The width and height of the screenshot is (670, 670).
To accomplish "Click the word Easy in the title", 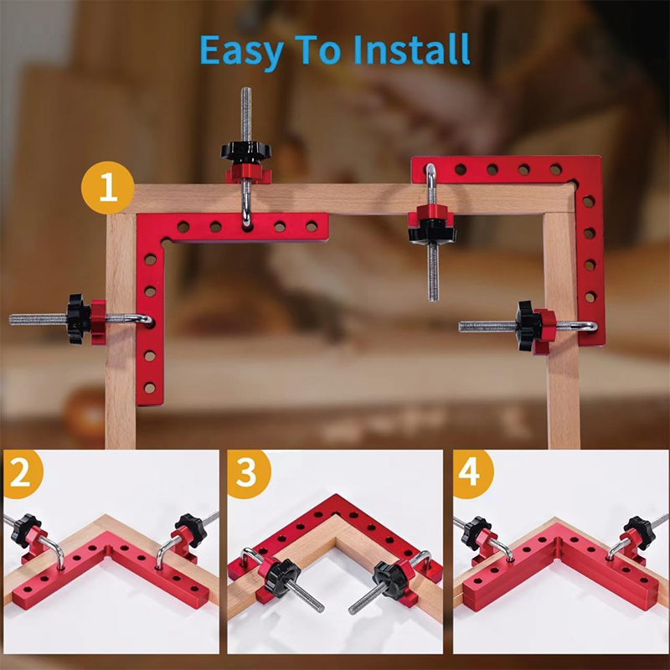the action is pyautogui.click(x=241, y=51).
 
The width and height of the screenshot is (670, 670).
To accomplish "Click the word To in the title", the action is pyautogui.click(x=318, y=49).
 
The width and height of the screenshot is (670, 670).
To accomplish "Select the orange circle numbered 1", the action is pyautogui.click(x=108, y=188).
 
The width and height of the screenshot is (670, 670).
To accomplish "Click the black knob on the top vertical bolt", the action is pyautogui.click(x=245, y=151).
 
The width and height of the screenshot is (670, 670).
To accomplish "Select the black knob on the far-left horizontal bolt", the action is pyautogui.click(x=78, y=319).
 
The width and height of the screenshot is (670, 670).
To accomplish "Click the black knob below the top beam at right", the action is pyautogui.click(x=432, y=233).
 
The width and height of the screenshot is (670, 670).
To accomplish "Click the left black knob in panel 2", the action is pyautogui.click(x=25, y=530).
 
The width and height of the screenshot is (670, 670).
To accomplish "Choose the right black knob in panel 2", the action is pyautogui.click(x=191, y=530).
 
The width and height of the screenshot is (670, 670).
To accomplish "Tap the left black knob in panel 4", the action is pyautogui.click(x=476, y=533).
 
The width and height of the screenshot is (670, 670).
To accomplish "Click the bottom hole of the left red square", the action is pyautogui.click(x=150, y=388).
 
